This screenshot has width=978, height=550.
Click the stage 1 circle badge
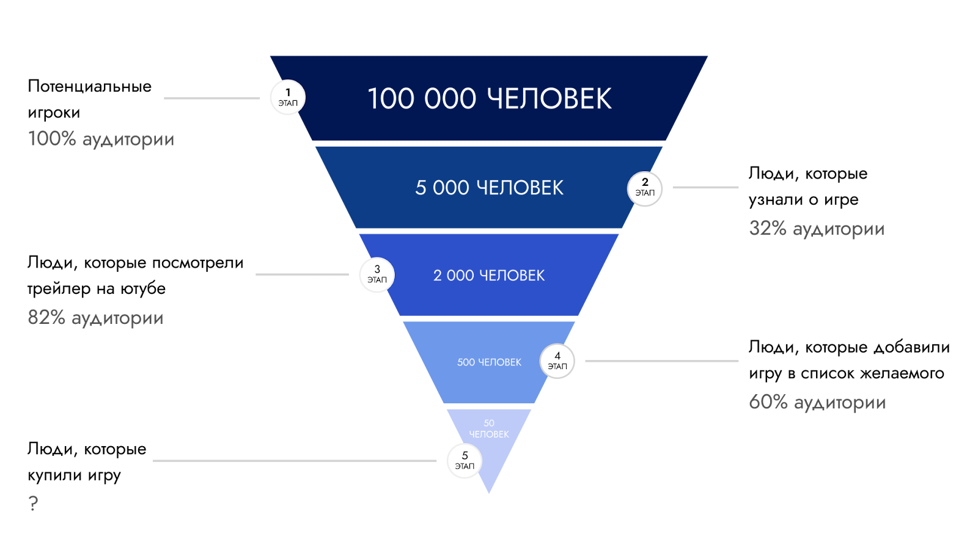tap(287, 98)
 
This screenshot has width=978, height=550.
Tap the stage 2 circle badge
tap(645, 188)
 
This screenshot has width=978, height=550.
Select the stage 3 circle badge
tap(377, 275)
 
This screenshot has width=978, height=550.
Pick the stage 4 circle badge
tap(557, 361)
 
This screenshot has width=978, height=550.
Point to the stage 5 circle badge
tap(465, 461)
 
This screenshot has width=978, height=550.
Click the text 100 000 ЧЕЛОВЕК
tap(489, 99)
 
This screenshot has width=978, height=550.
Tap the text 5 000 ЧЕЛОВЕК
tap(489, 188)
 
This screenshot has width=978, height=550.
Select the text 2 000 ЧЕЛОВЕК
tap(489, 276)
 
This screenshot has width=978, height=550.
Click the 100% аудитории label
tap(101, 139)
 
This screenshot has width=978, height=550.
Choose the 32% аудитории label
tap(817, 229)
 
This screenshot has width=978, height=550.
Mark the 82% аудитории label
tap(95, 318)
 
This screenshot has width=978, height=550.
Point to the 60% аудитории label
tap(817, 403)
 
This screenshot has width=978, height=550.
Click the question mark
tap(33, 504)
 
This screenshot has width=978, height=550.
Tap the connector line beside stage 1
tap(211, 98)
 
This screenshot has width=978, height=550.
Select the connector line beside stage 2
tap(705, 188)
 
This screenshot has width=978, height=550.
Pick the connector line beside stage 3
tap(302, 274)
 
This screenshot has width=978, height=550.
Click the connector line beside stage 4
tap(661, 361)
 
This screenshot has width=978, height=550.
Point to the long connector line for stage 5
tap(295, 461)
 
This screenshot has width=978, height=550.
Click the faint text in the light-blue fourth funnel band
tap(489, 362)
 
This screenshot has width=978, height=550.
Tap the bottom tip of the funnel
tap(489, 490)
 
